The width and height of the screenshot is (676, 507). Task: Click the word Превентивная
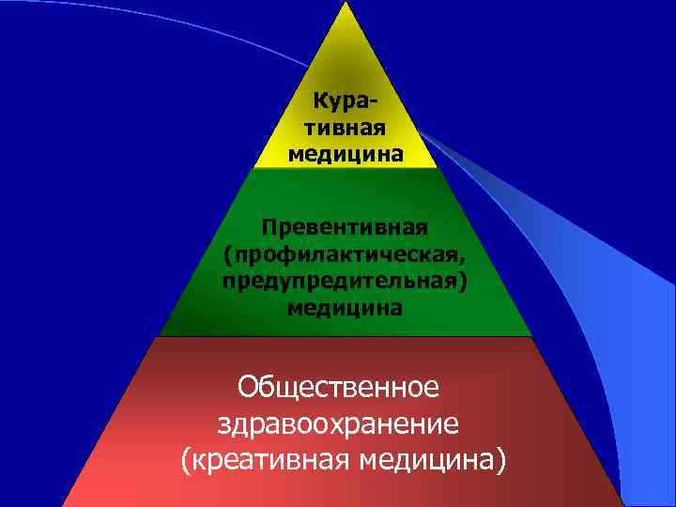(x=345, y=228)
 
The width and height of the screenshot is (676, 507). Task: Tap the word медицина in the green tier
(x=345, y=308)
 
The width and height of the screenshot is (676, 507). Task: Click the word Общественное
(x=339, y=387)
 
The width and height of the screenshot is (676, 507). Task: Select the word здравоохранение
(x=338, y=423)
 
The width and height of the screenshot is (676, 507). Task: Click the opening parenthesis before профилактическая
(x=228, y=255)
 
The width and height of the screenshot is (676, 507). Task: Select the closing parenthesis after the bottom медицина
(x=498, y=461)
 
